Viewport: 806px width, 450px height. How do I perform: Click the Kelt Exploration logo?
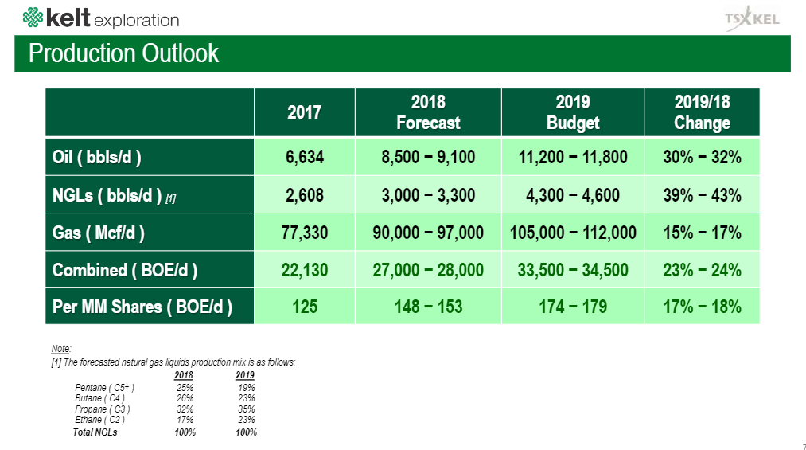pyautogui.click(x=101, y=18)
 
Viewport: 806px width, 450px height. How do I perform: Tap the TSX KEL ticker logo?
pyautogui.click(x=751, y=19)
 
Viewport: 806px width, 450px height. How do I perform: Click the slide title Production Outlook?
pyautogui.click(x=123, y=53)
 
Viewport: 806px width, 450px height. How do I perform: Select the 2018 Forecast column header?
pyautogui.click(x=428, y=112)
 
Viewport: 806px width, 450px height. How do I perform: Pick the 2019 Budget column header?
pyautogui.click(x=572, y=112)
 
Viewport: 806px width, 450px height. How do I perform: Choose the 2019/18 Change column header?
pyautogui.click(x=702, y=112)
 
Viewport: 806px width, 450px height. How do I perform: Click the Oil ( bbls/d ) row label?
pyautogui.click(x=97, y=157)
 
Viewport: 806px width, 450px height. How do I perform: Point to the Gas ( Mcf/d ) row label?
pyautogui.click(x=99, y=233)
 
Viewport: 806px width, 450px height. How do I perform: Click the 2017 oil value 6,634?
pyautogui.click(x=304, y=157)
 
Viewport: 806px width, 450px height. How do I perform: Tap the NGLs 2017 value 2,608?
pyautogui.click(x=304, y=195)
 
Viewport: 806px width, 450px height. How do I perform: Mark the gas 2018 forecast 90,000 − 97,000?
pyautogui.click(x=428, y=233)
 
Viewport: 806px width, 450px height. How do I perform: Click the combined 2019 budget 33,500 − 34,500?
pyautogui.click(x=572, y=270)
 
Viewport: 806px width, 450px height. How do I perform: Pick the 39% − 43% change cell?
pyautogui.click(x=702, y=195)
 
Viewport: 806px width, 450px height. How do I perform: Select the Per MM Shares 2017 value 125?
pyautogui.click(x=304, y=307)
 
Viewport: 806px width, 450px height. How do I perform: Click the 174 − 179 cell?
pyautogui.click(x=572, y=307)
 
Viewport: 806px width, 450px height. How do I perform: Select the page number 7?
pyautogui.click(x=798, y=445)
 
